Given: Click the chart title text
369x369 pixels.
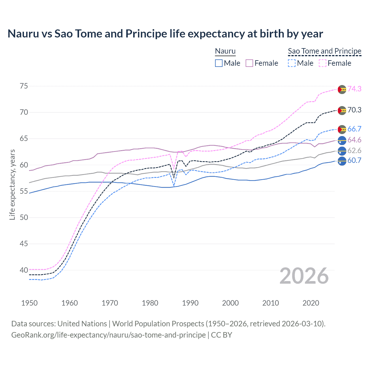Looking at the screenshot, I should [165, 34].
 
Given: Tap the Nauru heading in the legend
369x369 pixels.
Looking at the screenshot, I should [225, 51].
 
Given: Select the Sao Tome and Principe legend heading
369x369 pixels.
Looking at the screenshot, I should [325, 51].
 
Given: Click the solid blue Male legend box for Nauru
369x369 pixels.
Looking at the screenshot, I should [219, 63].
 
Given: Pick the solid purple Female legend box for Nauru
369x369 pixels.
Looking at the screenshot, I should [249, 63].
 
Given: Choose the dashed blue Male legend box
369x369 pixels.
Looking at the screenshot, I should [292, 63].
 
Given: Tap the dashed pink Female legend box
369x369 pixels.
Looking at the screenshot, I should [323, 63].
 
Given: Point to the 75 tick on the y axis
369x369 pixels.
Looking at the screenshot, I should [24, 86].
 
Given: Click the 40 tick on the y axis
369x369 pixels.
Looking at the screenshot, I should [24, 270].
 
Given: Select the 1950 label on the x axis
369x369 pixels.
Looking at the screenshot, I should [29, 303].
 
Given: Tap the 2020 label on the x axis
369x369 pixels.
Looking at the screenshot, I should [311, 303].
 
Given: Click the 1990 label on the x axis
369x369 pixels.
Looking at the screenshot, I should [190, 303].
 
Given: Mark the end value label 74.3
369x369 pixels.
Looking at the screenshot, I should [354, 89].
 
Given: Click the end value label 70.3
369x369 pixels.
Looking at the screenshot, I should [354, 110].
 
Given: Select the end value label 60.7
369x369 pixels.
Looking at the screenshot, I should [354, 161].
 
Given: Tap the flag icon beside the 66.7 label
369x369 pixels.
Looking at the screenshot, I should [342, 129].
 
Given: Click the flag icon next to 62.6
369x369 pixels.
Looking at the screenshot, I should [342, 151].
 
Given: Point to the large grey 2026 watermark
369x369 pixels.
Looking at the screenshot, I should [304, 276].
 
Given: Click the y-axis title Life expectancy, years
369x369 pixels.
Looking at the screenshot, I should [12, 184].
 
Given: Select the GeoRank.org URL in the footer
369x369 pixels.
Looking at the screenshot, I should [108, 335].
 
